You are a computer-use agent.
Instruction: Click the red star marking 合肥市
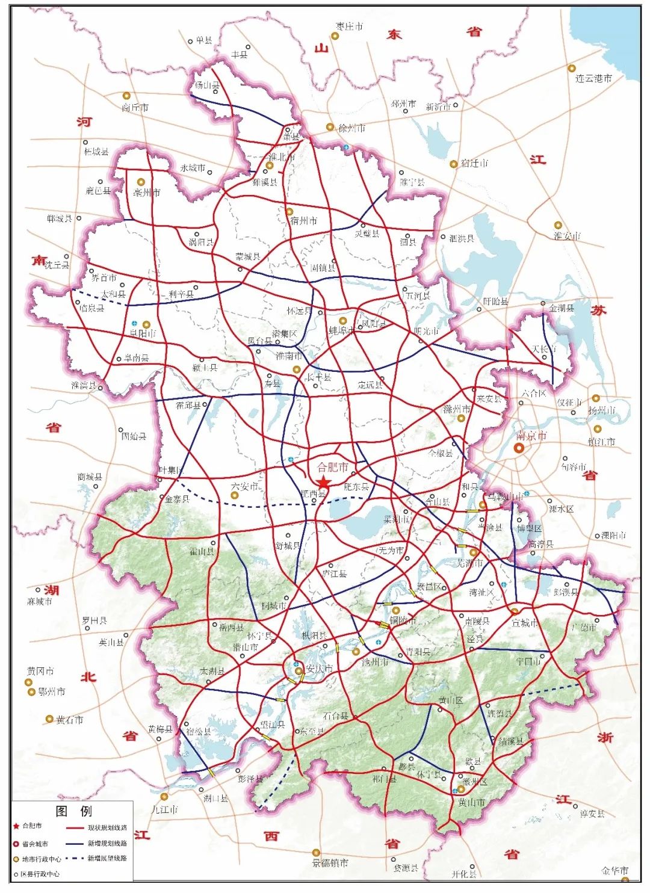(324, 483)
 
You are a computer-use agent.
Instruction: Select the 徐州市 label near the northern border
(352, 128)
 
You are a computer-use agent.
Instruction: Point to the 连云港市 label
(593, 78)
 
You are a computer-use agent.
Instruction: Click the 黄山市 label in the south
(472, 803)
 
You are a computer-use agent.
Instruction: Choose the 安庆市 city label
(319, 669)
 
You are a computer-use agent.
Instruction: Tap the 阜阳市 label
(143, 333)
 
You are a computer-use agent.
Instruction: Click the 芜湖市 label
(470, 563)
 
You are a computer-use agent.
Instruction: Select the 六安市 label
(244, 486)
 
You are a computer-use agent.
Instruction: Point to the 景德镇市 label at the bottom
(330, 862)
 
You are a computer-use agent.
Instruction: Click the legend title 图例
(73, 811)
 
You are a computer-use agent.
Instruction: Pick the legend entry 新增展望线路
(107, 859)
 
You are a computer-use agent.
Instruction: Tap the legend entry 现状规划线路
(107, 828)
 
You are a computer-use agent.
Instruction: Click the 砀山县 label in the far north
(207, 85)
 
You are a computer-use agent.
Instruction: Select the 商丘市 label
(135, 107)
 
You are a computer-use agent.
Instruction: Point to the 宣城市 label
(525, 623)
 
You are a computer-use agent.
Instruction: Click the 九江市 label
(165, 809)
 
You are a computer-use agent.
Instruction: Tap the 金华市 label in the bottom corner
(615, 870)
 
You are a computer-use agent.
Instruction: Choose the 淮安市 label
(567, 236)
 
